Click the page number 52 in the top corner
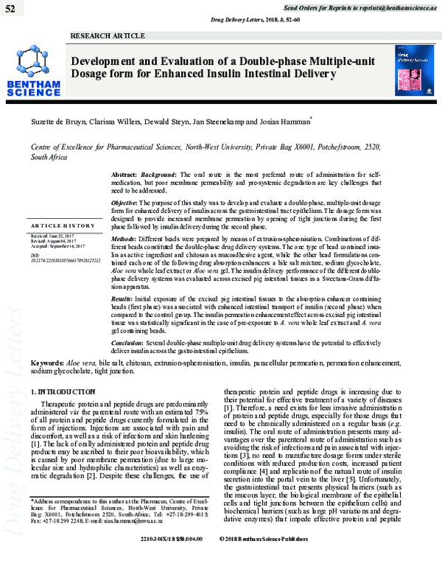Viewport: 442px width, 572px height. point(11,7)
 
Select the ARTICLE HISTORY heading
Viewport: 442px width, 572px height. point(61,224)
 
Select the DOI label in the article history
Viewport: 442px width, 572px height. point(35,254)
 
